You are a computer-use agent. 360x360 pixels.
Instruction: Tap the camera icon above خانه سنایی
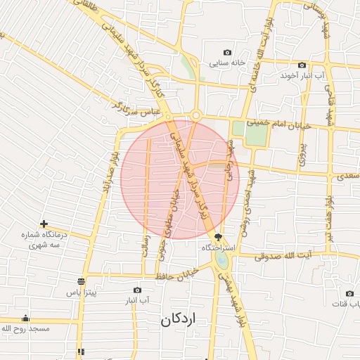point(227,53)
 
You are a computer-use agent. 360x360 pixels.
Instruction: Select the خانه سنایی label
point(227,63)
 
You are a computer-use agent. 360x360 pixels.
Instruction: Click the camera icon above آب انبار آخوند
point(302,65)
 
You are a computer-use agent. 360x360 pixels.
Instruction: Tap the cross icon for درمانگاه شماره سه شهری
point(44,224)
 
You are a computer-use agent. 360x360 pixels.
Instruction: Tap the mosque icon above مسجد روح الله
point(26,319)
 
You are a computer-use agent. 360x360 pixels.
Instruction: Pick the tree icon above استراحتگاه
point(218,238)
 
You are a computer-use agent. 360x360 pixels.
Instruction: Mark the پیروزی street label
point(303,154)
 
